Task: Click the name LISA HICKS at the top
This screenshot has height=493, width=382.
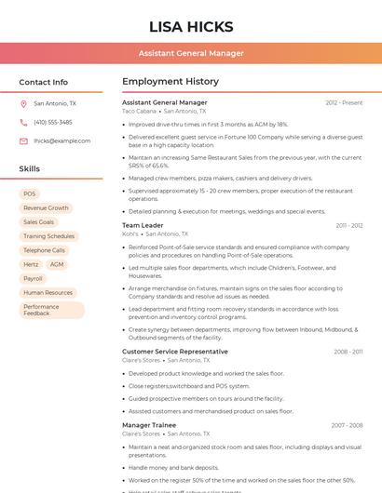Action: click(x=191, y=26)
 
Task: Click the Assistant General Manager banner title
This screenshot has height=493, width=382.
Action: click(x=191, y=53)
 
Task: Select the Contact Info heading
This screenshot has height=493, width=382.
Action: click(x=43, y=82)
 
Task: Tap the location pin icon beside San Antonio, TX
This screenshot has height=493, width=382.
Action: click(x=23, y=104)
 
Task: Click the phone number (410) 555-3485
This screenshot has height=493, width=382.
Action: click(x=52, y=122)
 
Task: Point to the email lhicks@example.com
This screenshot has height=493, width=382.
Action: click(x=56, y=140)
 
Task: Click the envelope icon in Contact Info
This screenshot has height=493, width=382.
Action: click(x=23, y=140)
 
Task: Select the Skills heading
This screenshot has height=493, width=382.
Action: click(x=29, y=168)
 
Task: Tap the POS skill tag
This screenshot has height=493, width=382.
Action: click(x=30, y=194)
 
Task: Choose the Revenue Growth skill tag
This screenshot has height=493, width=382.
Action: click(x=46, y=208)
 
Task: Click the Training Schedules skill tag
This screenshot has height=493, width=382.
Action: click(x=48, y=236)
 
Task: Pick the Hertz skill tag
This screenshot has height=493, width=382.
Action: click(x=31, y=264)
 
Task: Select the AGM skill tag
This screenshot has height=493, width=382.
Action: click(x=57, y=264)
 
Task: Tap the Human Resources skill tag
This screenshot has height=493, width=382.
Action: click(x=48, y=292)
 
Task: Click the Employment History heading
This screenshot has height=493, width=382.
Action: click(x=171, y=82)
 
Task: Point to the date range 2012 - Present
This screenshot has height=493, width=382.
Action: click(x=344, y=102)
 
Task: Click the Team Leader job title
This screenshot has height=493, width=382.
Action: click(x=143, y=225)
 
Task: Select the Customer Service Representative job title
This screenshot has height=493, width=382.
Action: click(x=174, y=352)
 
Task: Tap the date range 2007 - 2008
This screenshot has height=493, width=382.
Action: click(x=347, y=425)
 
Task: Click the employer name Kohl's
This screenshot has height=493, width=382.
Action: click(x=130, y=234)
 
